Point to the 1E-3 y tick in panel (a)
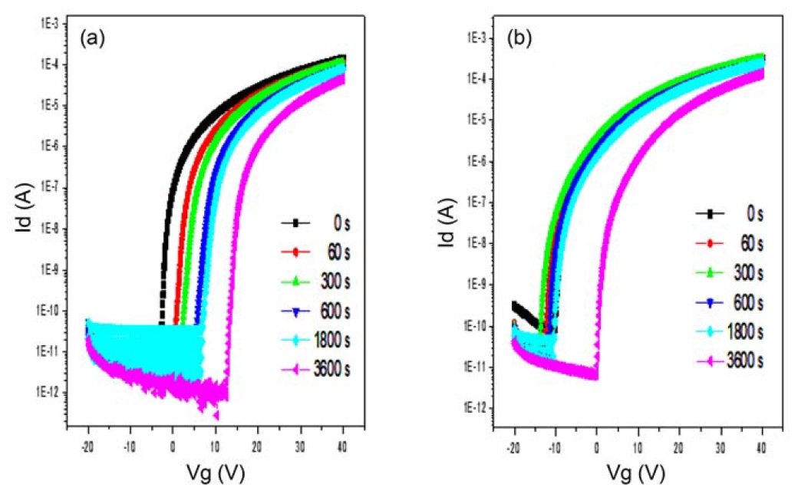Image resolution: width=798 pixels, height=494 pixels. click(53, 25)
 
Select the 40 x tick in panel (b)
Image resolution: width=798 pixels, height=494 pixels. click(763, 445)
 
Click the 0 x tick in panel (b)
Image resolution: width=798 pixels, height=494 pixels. click(596, 445)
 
